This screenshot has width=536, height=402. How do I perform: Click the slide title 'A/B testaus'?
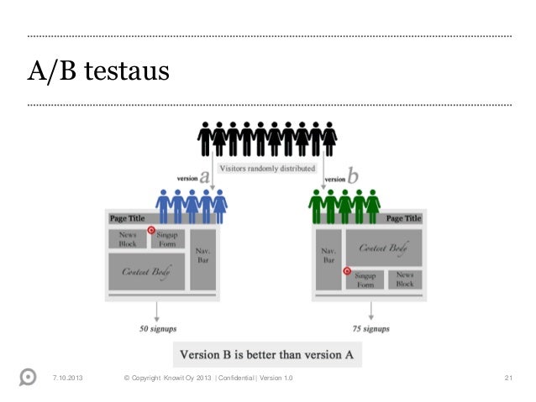[x=99, y=73]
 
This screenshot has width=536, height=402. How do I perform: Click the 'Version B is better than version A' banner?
[x=268, y=354]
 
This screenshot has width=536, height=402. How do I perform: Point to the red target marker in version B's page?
[x=345, y=270]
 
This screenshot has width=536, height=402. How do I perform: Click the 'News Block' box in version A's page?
[x=128, y=238]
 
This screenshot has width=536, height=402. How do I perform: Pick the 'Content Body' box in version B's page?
[x=383, y=248]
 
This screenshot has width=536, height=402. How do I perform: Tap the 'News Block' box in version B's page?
[x=405, y=279]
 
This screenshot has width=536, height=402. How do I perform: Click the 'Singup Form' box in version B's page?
[x=365, y=279]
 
